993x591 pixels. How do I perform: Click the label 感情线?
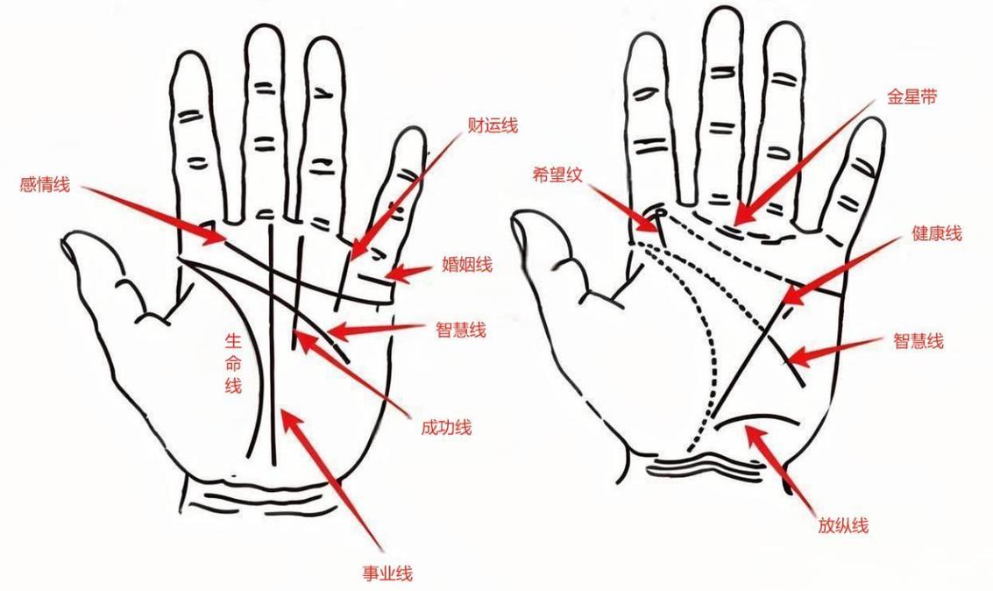(x=45, y=186)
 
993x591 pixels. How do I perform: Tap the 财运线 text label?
(x=493, y=125)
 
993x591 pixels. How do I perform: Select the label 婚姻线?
(x=467, y=264)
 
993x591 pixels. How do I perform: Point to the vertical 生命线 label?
(x=234, y=364)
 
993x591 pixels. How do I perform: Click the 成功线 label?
(x=446, y=427)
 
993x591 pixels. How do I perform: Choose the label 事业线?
(x=387, y=573)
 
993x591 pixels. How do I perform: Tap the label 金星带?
(x=912, y=97)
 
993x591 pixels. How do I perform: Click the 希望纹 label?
(x=557, y=175)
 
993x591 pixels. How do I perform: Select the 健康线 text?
(x=937, y=234)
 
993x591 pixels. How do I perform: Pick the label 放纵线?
(x=843, y=525)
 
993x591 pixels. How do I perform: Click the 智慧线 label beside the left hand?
(x=461, y=330)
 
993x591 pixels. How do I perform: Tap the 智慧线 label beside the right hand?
(x=919, y=341)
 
